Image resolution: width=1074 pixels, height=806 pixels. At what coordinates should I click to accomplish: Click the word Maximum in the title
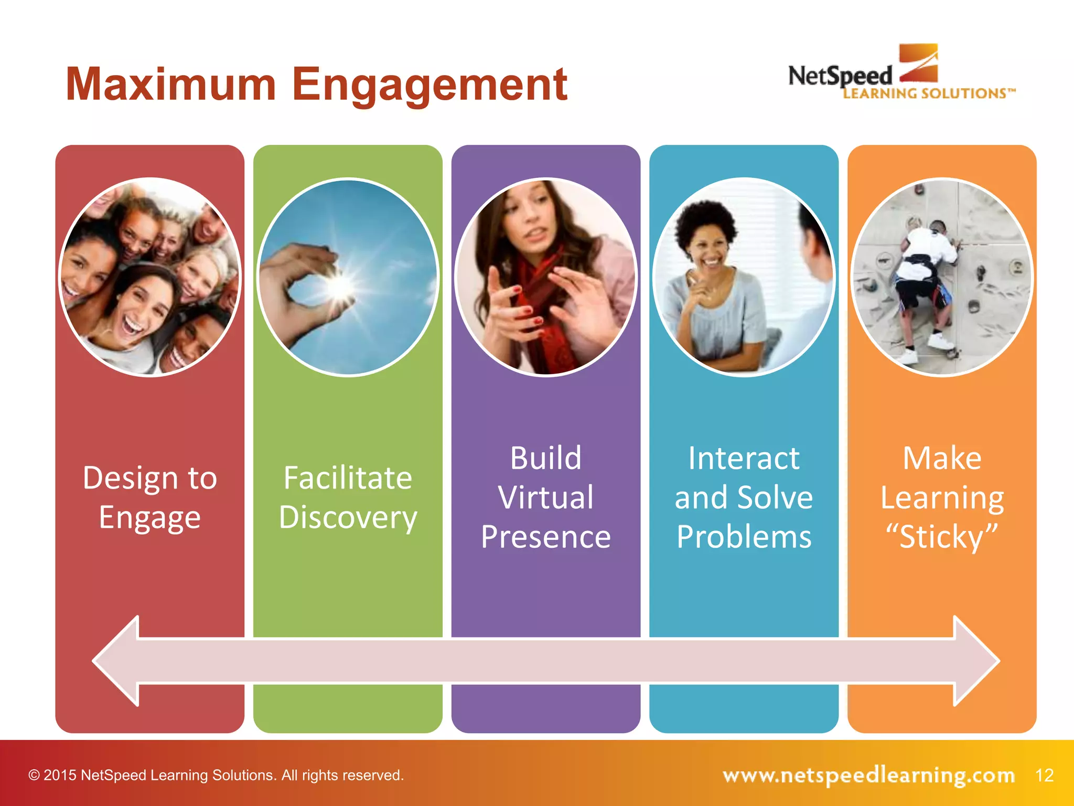pos(170,84)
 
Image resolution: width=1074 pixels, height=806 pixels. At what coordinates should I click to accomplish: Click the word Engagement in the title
pos(429,86)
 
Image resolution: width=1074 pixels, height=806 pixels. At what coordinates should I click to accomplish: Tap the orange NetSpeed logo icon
pos(918,62)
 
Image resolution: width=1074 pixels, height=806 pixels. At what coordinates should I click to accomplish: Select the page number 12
pos(1044,775)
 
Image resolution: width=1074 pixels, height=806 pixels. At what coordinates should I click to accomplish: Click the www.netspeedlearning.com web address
pos(868,775)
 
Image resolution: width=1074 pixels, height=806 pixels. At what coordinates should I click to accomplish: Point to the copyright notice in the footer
pos(216,775)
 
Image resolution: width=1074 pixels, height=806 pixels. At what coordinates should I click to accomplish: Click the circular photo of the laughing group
pos(150,277)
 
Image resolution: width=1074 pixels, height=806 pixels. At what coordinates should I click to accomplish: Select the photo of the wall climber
pos(942,277)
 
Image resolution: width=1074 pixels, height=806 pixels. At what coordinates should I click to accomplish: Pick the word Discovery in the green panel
pos(348,518)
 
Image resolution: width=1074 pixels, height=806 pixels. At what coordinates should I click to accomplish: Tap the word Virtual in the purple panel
pos(546,497)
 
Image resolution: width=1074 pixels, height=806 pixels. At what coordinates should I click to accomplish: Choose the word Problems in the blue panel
pos(744,537)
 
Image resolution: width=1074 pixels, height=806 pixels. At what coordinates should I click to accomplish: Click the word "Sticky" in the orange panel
pos(942,537)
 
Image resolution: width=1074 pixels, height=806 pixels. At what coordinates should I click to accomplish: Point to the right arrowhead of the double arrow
pos(975,661)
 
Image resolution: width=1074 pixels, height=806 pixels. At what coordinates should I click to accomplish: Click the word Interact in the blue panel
pos(744,458)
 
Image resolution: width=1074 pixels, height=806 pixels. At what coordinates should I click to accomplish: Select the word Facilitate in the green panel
pos(348,478)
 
